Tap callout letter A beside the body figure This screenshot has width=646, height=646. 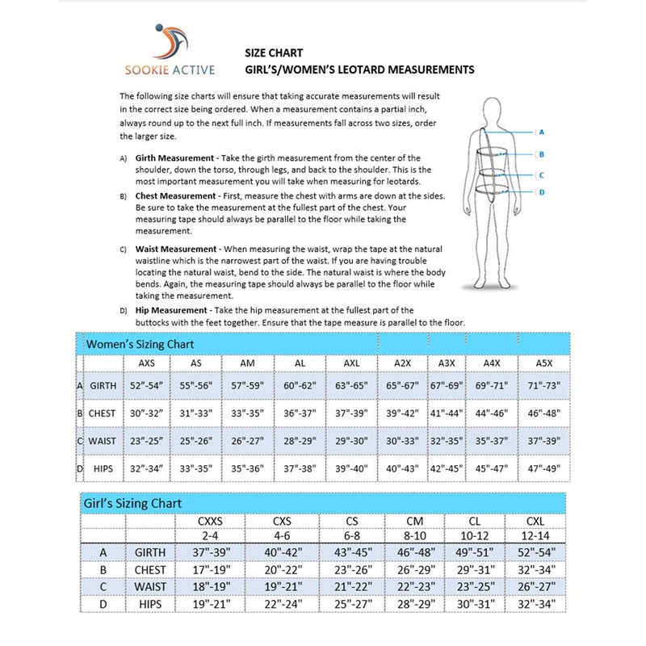pos(541,132)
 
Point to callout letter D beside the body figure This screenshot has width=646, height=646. pos(541,191)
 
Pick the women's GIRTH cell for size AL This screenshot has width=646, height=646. pos(300,386)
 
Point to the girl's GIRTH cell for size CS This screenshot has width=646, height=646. pos(351,552)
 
